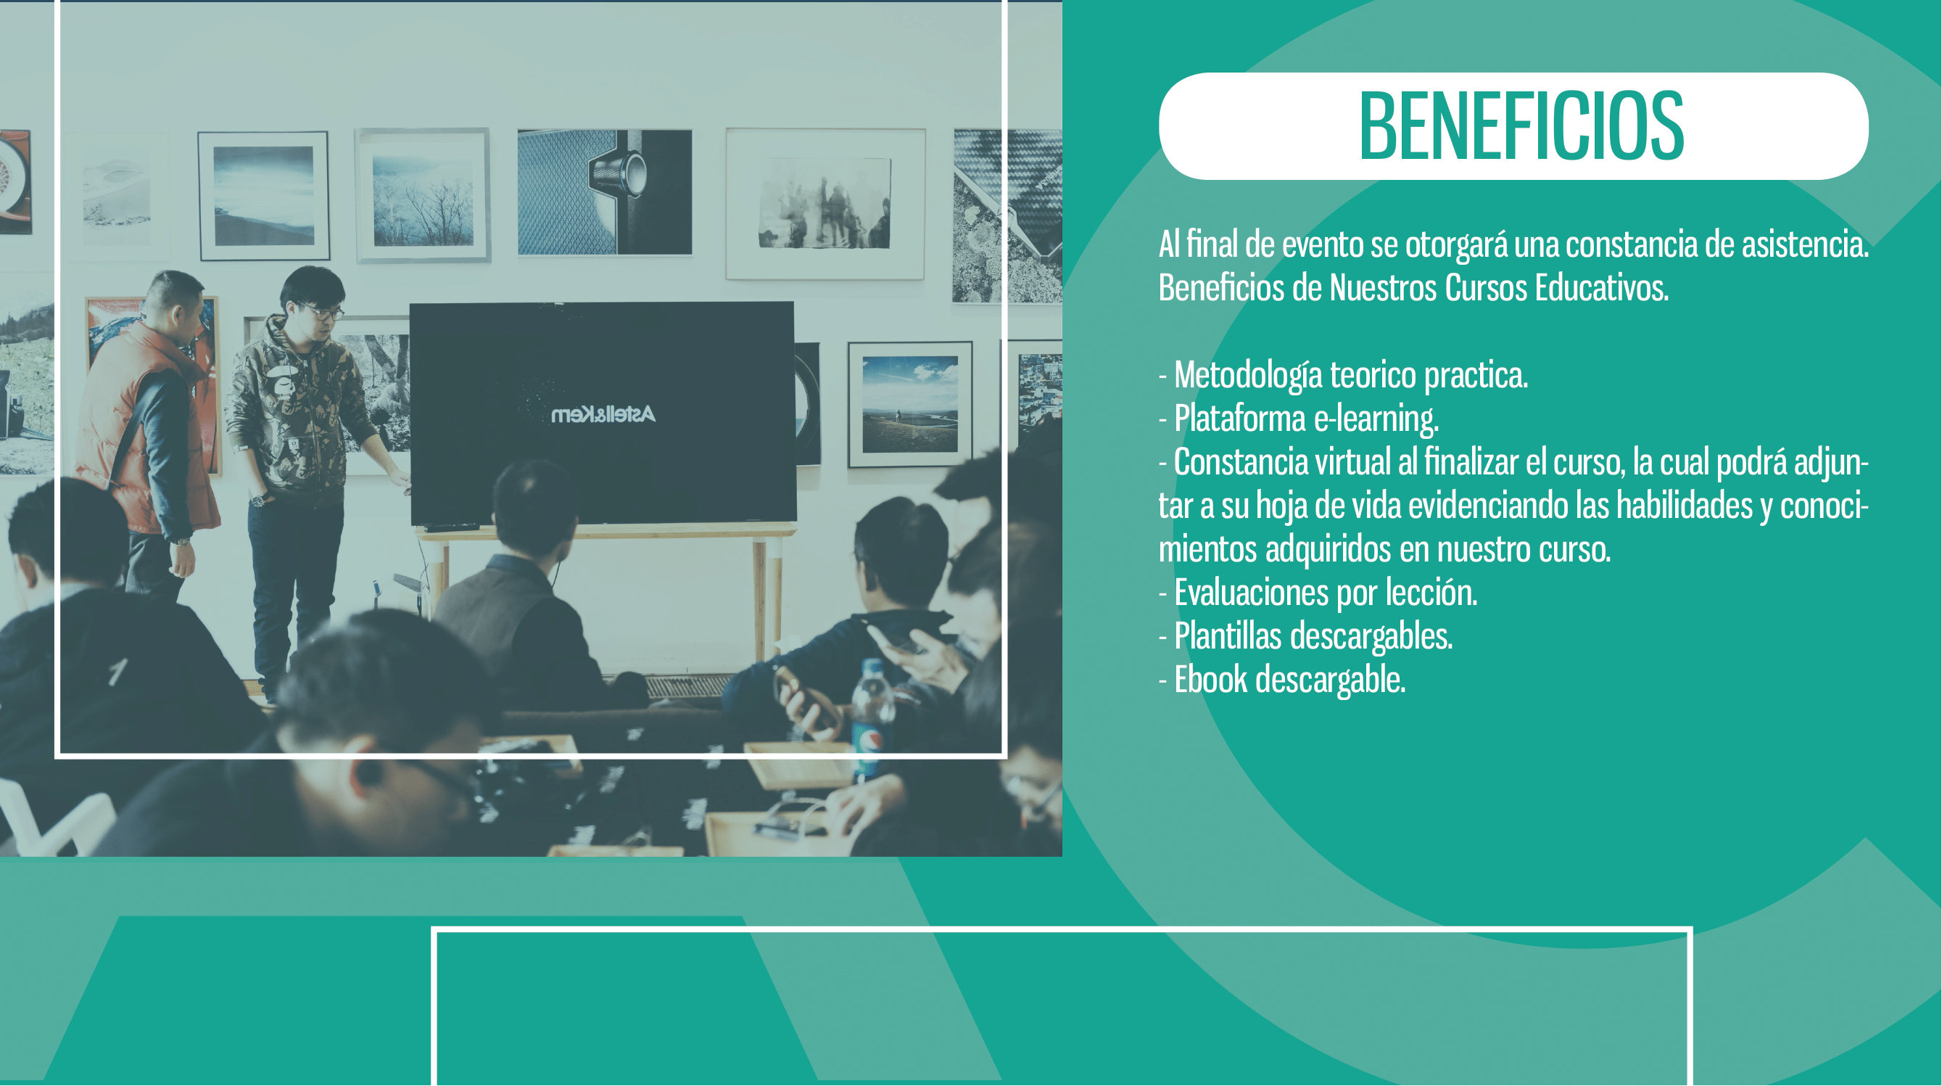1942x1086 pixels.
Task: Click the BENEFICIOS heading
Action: click(x=1521, y=126)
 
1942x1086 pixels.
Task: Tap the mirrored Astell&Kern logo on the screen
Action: click(x=603, y=415)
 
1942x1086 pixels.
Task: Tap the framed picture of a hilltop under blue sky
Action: click(x=910, y=404)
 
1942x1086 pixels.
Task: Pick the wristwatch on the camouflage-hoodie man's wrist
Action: click(x=259, y=499)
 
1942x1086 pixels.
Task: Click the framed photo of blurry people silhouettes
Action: click(x=825, y=204)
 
